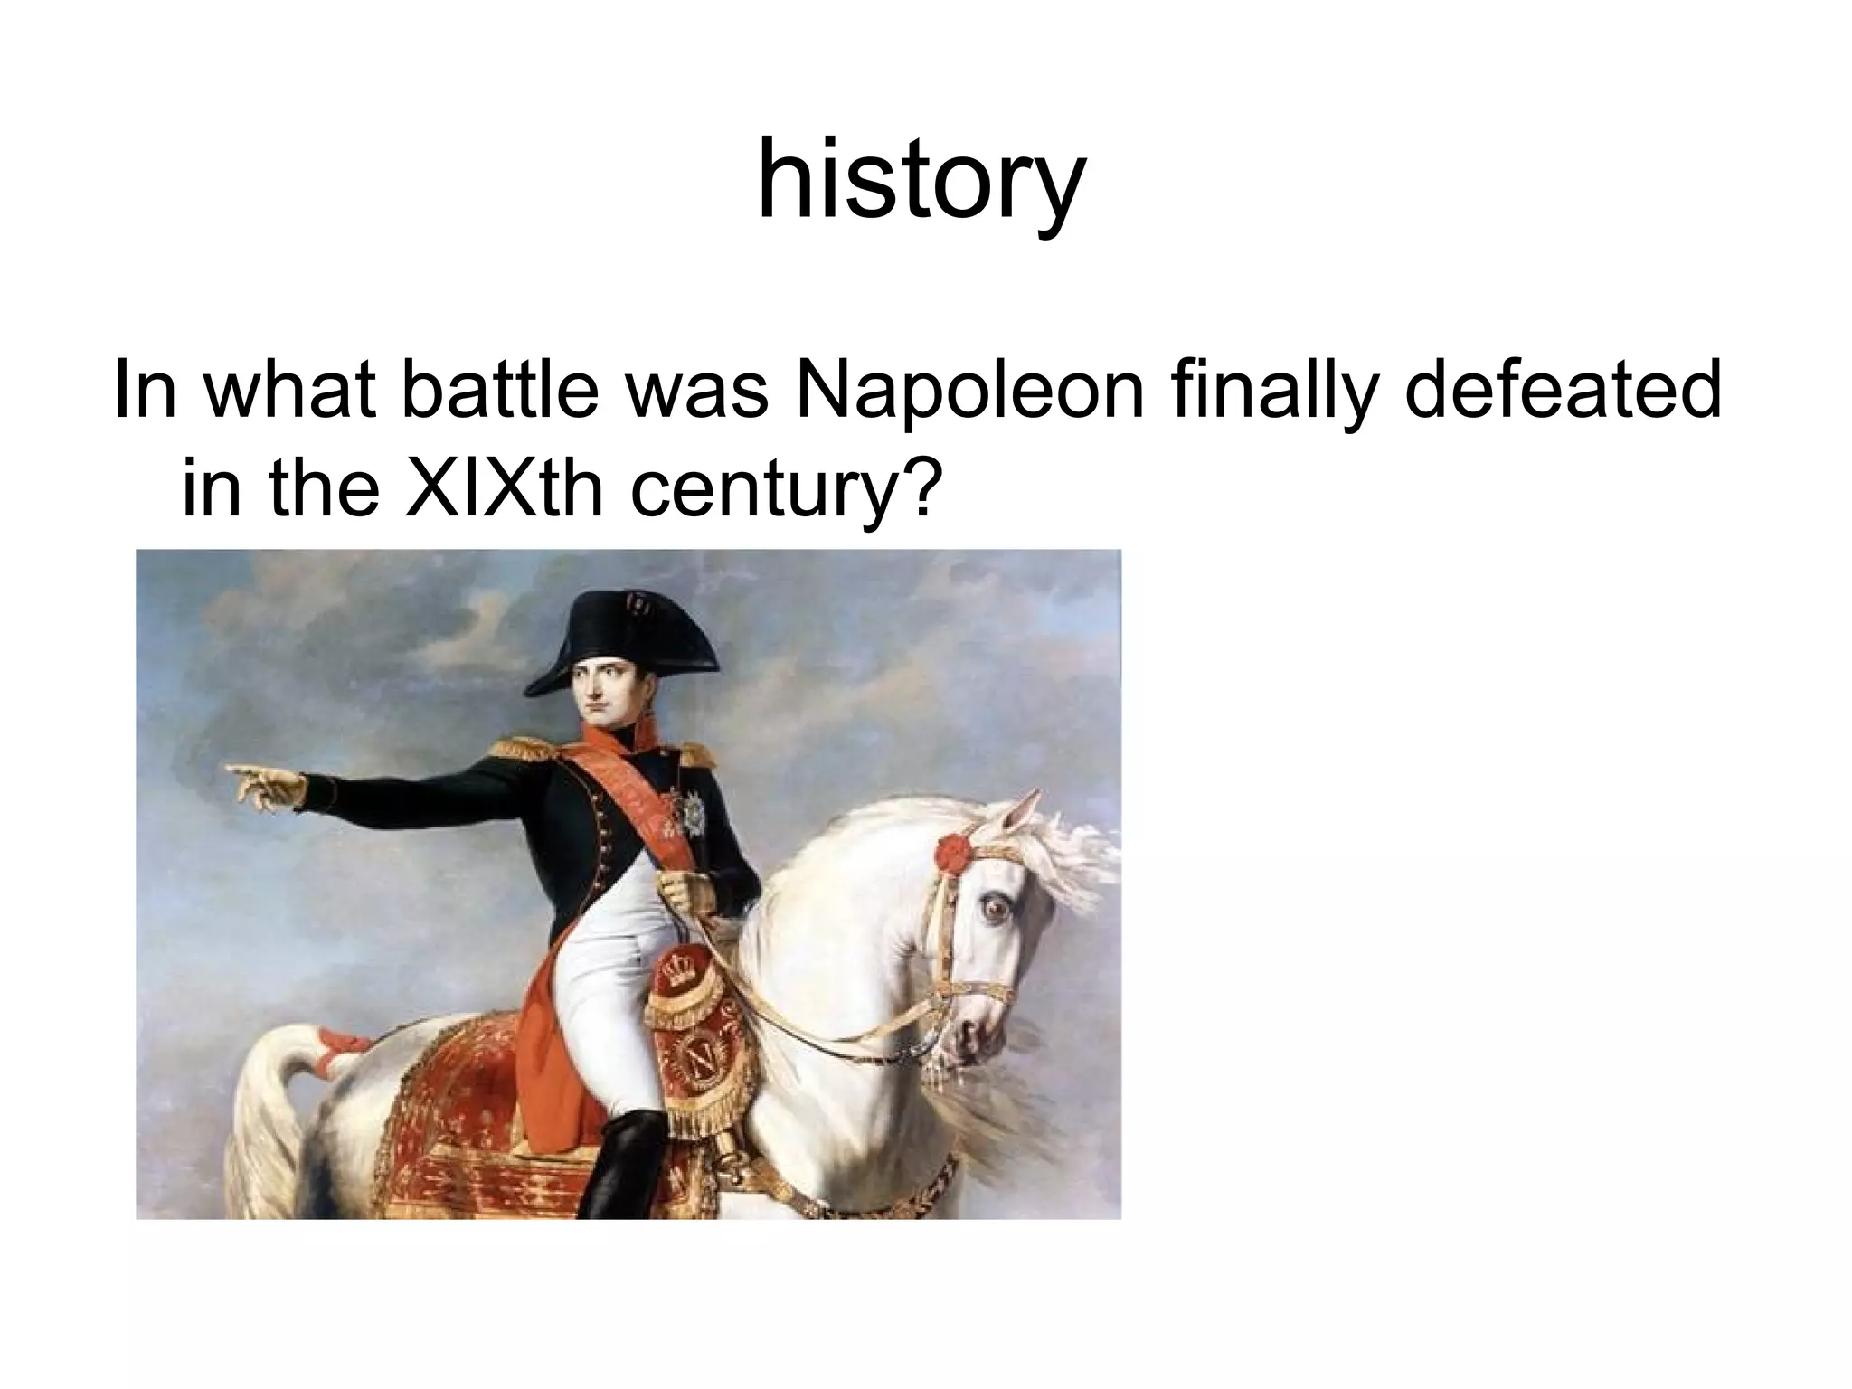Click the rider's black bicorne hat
point(624,633)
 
